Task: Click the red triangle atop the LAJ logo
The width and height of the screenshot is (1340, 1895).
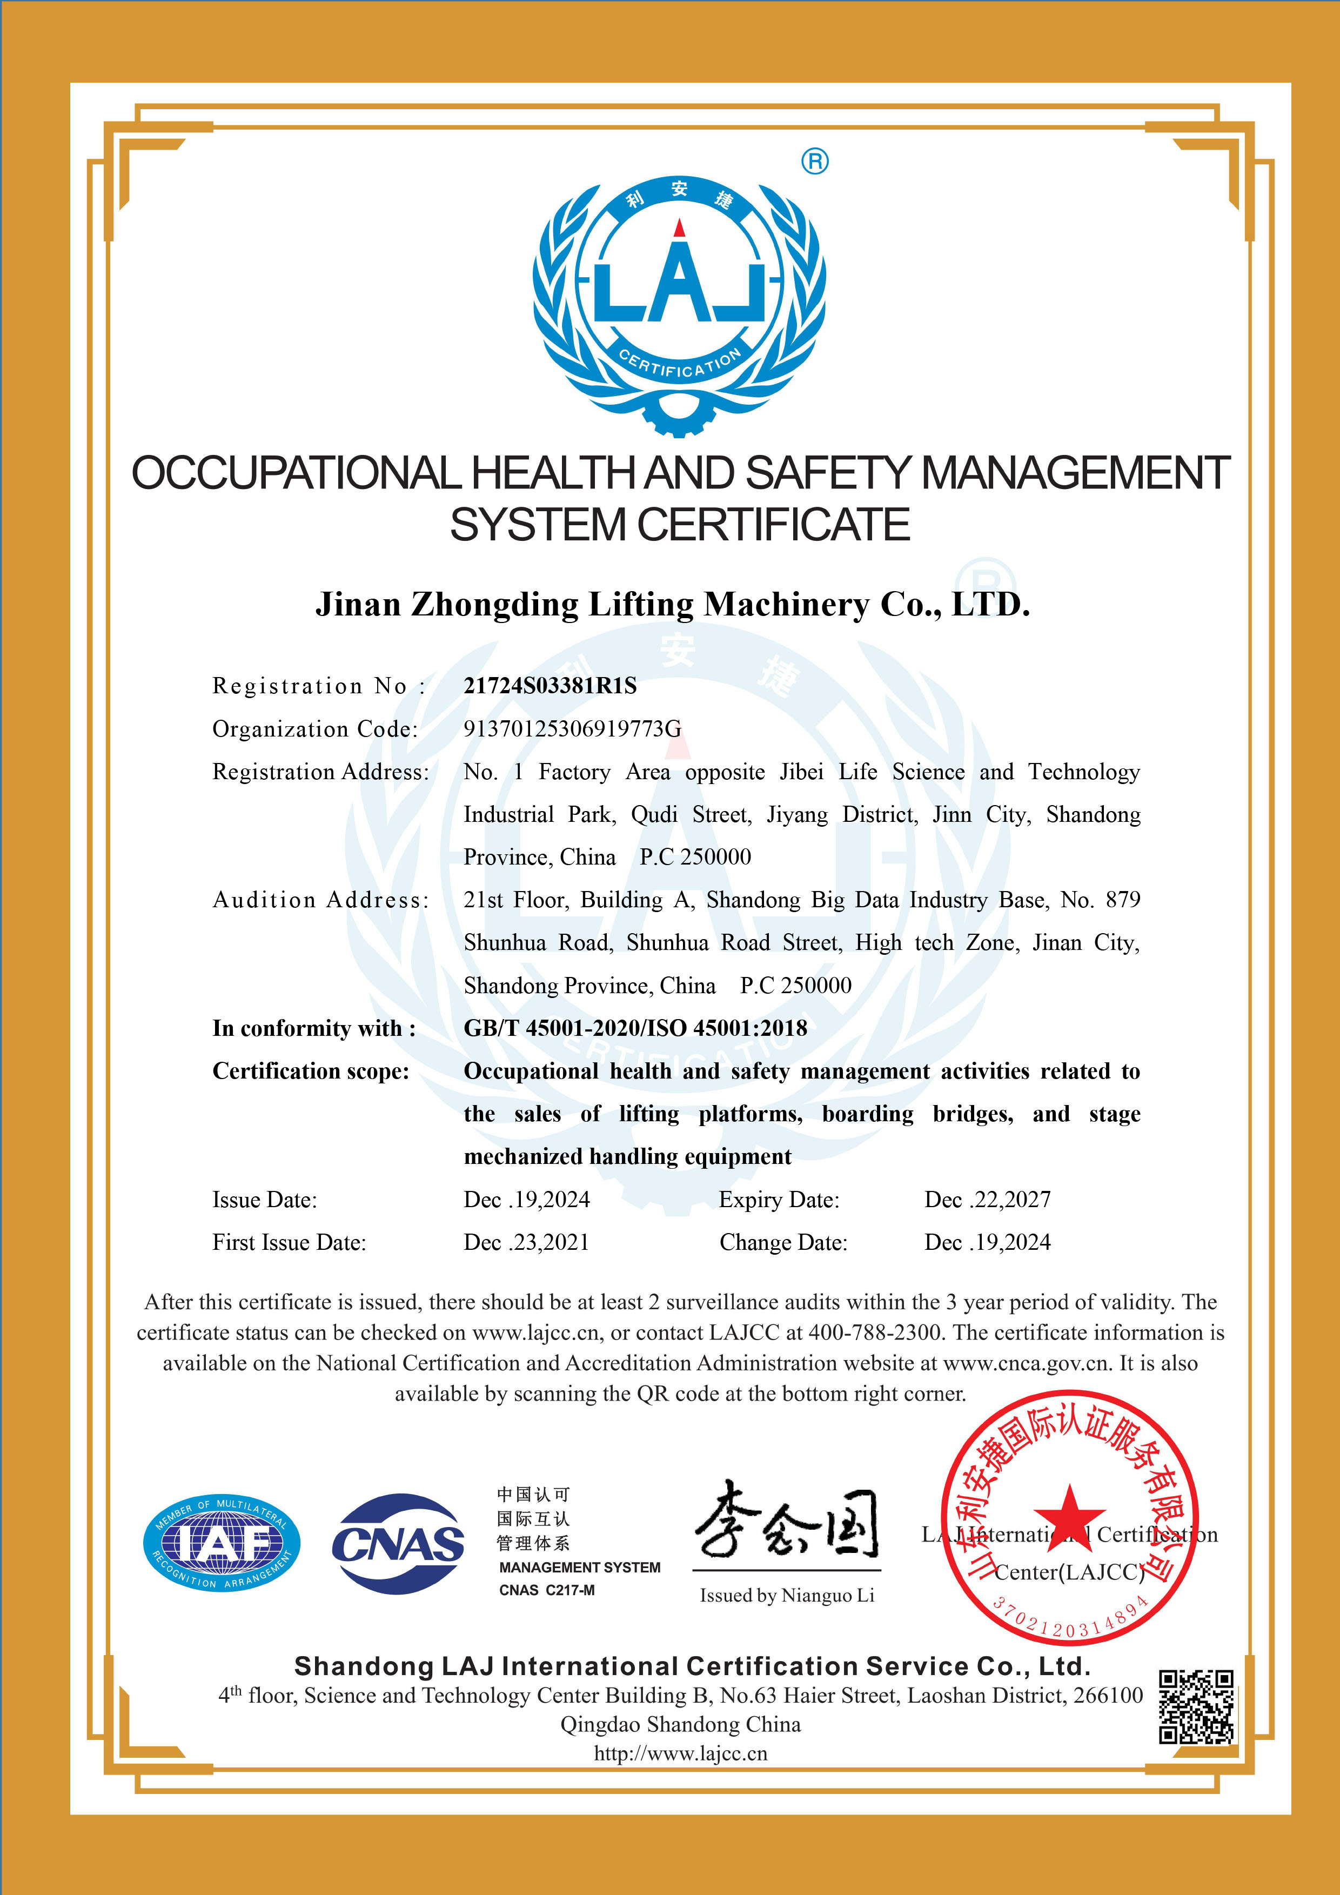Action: [679, 228]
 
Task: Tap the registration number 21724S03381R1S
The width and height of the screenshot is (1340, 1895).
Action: [551, 686]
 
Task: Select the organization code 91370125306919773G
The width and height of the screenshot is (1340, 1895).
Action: [573, 729]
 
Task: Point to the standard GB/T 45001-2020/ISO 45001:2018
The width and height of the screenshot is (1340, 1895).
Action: [635, 1028]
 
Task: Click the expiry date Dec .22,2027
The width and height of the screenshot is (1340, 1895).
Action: [988, 1200]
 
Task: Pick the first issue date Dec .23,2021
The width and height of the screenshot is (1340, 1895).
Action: [526, 1243]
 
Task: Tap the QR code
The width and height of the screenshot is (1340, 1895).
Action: [1196, 1707]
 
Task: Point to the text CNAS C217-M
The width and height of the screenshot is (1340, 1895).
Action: [546, 1590]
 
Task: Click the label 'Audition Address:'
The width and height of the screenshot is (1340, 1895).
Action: [321, 900]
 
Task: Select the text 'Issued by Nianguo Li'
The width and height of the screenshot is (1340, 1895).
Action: [786, 1596]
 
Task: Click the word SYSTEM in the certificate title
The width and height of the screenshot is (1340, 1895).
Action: [537, 525]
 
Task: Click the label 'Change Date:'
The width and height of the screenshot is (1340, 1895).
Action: [783, 1243]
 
